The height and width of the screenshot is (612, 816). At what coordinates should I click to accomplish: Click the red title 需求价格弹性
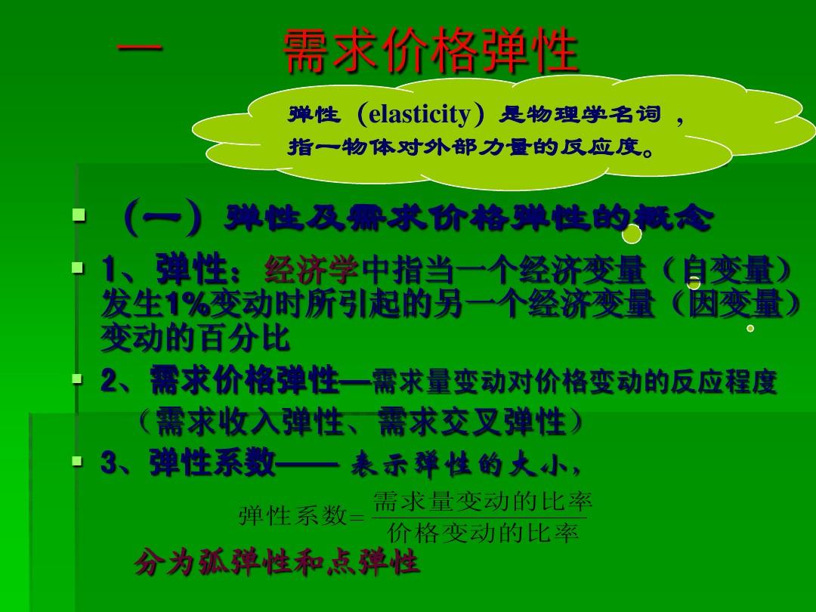coord(431,51)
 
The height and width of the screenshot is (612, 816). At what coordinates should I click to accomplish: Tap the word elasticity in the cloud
coord(419,115)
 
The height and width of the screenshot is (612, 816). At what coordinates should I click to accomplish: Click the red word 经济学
coord(311,270)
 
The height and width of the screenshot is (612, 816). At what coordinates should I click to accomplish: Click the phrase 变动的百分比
coord(195,338)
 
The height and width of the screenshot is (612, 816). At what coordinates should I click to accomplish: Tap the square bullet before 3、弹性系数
coord(78,461)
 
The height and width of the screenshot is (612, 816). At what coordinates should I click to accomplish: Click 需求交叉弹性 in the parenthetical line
coord(471,421)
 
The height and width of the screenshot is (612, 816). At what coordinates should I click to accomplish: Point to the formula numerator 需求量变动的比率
coord(482,502)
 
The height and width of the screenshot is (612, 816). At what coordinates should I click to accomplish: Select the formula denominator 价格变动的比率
coord(482,533)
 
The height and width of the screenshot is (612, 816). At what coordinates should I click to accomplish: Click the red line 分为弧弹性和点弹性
coord(277,562)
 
